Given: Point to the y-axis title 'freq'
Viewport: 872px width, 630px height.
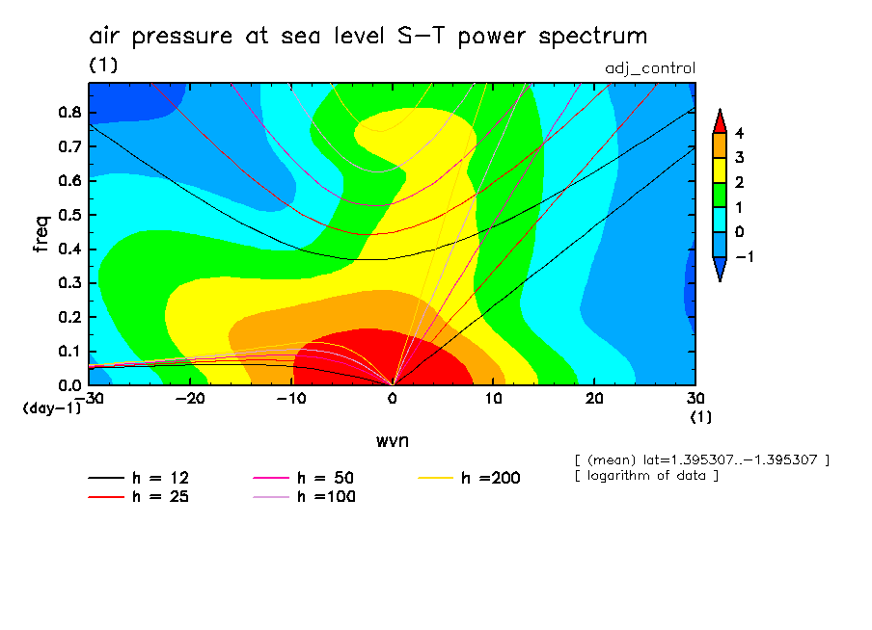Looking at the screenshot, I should pyautogui.click(x=41, y=233).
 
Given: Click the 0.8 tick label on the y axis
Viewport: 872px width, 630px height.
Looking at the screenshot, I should pyautogui.click(x=68, y=112).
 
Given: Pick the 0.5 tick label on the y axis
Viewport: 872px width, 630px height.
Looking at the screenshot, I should pyautogui.click(x=68, y=215).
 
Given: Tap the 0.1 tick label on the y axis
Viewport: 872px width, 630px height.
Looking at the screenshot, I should pyautogui.click(x=68, y=352).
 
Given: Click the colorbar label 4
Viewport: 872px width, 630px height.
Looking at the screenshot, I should pyautogui.click(x=739, y=133).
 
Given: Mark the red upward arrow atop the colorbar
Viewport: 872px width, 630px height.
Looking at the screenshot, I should pyautogui.click(x=719, y=120).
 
